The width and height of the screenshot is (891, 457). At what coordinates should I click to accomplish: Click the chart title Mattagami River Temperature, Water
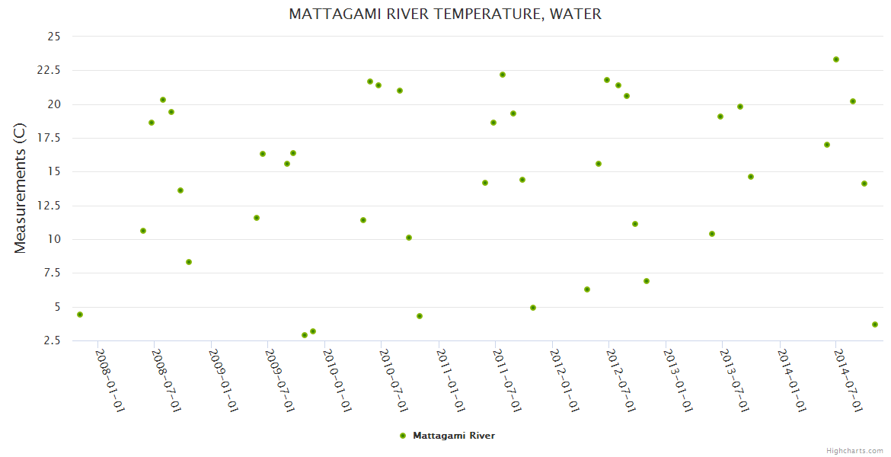point(445,14)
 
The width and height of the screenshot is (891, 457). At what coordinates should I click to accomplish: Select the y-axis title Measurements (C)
point(21,188)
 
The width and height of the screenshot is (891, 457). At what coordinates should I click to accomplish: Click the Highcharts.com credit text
point(854,450)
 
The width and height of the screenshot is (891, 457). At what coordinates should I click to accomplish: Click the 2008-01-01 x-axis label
point(109,380)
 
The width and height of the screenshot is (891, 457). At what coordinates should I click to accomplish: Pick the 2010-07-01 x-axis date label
point(393,380)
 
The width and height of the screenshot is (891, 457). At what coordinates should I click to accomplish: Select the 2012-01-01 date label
point(564,380)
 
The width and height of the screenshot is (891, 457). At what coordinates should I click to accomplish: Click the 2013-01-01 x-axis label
point(677,380)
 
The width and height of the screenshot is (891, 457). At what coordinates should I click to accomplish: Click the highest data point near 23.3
point(836,59)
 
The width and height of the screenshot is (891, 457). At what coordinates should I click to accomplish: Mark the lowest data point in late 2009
point(305,335)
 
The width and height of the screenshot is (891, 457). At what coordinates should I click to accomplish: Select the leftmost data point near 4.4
point(80,315)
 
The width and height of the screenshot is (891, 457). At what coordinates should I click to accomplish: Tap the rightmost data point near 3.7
point(875,324)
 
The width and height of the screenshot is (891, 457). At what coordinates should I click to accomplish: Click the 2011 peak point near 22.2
point(503,75)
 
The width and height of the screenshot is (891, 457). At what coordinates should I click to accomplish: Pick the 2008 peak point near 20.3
point(163,100)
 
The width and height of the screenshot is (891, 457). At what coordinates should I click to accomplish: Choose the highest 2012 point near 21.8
point(607,80)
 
